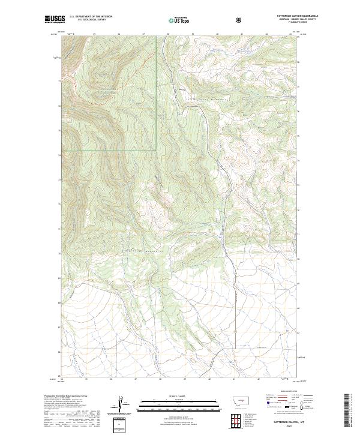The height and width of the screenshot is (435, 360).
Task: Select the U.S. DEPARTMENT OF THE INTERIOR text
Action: (91, 16)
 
